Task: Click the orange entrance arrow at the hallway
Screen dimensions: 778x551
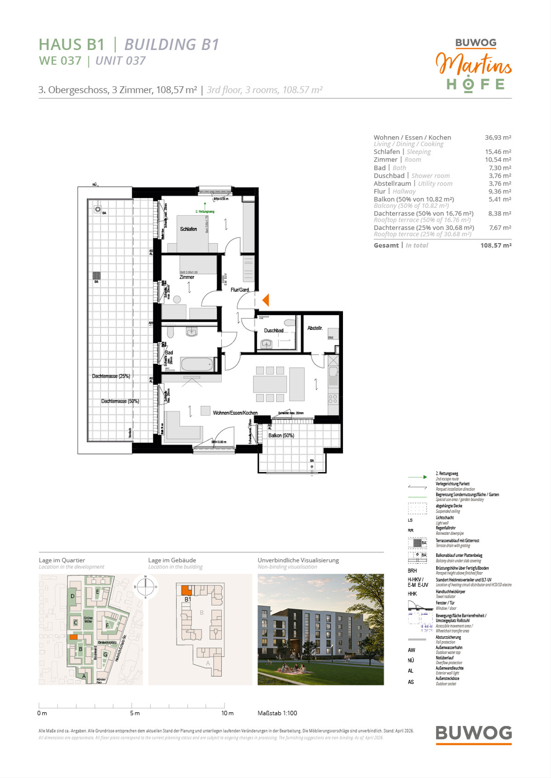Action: (265, 300)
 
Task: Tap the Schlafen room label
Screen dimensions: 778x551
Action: (188, 229)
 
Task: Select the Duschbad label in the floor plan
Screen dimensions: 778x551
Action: (274, 330)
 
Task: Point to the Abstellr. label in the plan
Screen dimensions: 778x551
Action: (315, 328)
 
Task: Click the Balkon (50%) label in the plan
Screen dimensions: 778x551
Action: (281, 435)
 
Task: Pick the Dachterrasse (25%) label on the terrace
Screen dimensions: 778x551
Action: (111, 376)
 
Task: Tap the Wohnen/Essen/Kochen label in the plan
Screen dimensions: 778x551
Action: (235, 413)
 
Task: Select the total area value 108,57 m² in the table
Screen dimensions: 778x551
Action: (496, 245)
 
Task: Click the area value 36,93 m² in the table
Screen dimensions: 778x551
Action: (498, 138)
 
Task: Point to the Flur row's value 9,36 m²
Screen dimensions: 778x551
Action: (500, 191)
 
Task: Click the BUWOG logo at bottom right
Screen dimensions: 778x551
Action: (473, 733)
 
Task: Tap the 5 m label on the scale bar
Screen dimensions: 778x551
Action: (135, 713)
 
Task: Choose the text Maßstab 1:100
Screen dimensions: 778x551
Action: (277, 713)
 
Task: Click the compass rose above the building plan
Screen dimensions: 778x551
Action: (145, 586)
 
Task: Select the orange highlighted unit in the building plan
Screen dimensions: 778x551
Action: (186, 590)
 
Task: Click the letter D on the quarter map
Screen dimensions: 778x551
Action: (73, 596)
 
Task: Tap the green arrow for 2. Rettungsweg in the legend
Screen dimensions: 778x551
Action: (417, 477)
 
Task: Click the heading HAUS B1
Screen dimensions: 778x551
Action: (72, 45)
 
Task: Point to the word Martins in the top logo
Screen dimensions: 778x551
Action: (473, 65)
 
